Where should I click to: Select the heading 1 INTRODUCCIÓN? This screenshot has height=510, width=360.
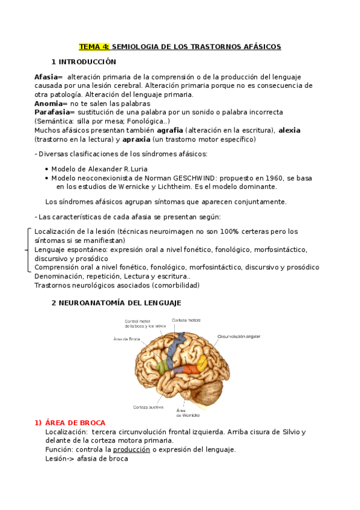(84, 62)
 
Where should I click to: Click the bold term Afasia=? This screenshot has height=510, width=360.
(49, 77)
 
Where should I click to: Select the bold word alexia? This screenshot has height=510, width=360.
(289, 130)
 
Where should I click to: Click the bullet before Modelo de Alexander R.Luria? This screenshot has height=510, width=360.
(47, 170)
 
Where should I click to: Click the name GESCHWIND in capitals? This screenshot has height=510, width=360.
(194, 178)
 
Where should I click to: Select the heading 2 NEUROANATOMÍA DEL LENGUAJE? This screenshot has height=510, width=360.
(116, 303)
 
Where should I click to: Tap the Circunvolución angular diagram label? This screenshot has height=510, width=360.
(239, 336)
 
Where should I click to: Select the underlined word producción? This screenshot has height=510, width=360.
(127, 449)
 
